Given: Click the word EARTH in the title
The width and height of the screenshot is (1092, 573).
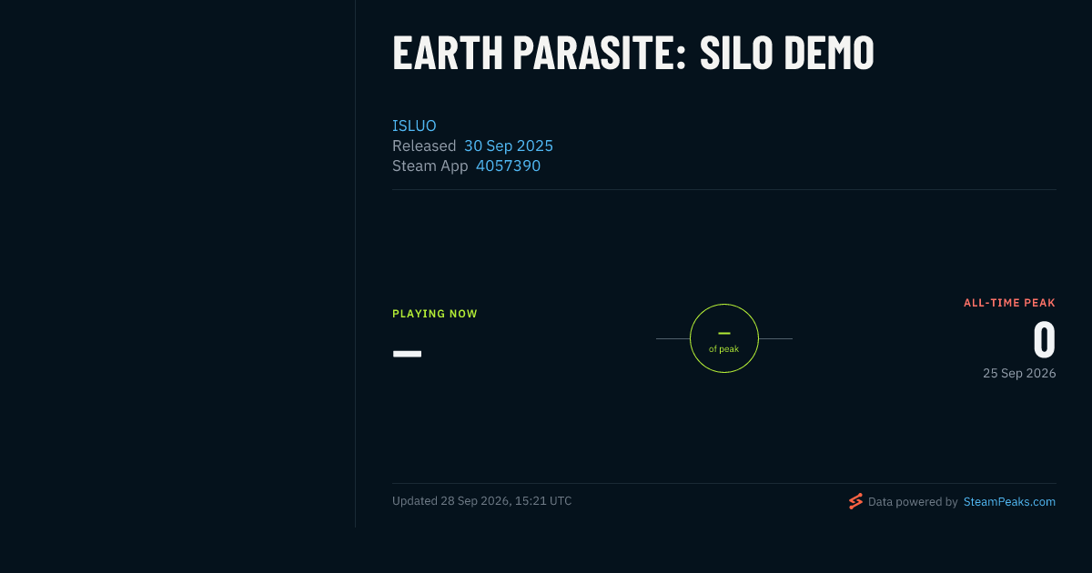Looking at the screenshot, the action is click(448, 53).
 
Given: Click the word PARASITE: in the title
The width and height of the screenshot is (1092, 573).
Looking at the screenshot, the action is click(600, 53).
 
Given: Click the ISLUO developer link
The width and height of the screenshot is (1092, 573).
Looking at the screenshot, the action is click(414, 126).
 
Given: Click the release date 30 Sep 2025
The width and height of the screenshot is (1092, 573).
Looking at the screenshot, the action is click(509, 146).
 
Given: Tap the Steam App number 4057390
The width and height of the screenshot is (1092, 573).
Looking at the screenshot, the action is click(508, 166).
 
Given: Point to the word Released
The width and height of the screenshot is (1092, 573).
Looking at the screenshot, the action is click(424, 146).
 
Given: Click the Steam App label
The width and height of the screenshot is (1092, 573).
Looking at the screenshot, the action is click(430, 166).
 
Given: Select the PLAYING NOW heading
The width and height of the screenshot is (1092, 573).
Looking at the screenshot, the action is click(435, 314).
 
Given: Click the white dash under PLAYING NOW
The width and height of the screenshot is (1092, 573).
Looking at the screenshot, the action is click(407, 354).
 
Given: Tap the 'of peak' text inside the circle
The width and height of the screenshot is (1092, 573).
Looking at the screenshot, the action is click(724, 349).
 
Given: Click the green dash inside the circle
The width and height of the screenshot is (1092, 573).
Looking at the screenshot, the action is click(724, 333).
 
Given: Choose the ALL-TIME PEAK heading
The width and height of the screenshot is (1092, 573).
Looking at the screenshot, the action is click(1009, 303).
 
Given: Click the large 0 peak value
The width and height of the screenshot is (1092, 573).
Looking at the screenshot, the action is click(1045, 339).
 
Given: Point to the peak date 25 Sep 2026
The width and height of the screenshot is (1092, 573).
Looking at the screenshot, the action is click(1019, 373).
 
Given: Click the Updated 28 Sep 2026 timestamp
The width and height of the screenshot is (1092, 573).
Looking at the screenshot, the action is click(481, 501).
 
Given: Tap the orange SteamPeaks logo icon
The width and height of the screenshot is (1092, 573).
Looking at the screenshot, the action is click(855, 501).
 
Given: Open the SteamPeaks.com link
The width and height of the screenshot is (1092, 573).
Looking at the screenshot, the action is click(1009, 502).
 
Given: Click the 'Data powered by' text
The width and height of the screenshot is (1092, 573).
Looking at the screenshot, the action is click(913, 502).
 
